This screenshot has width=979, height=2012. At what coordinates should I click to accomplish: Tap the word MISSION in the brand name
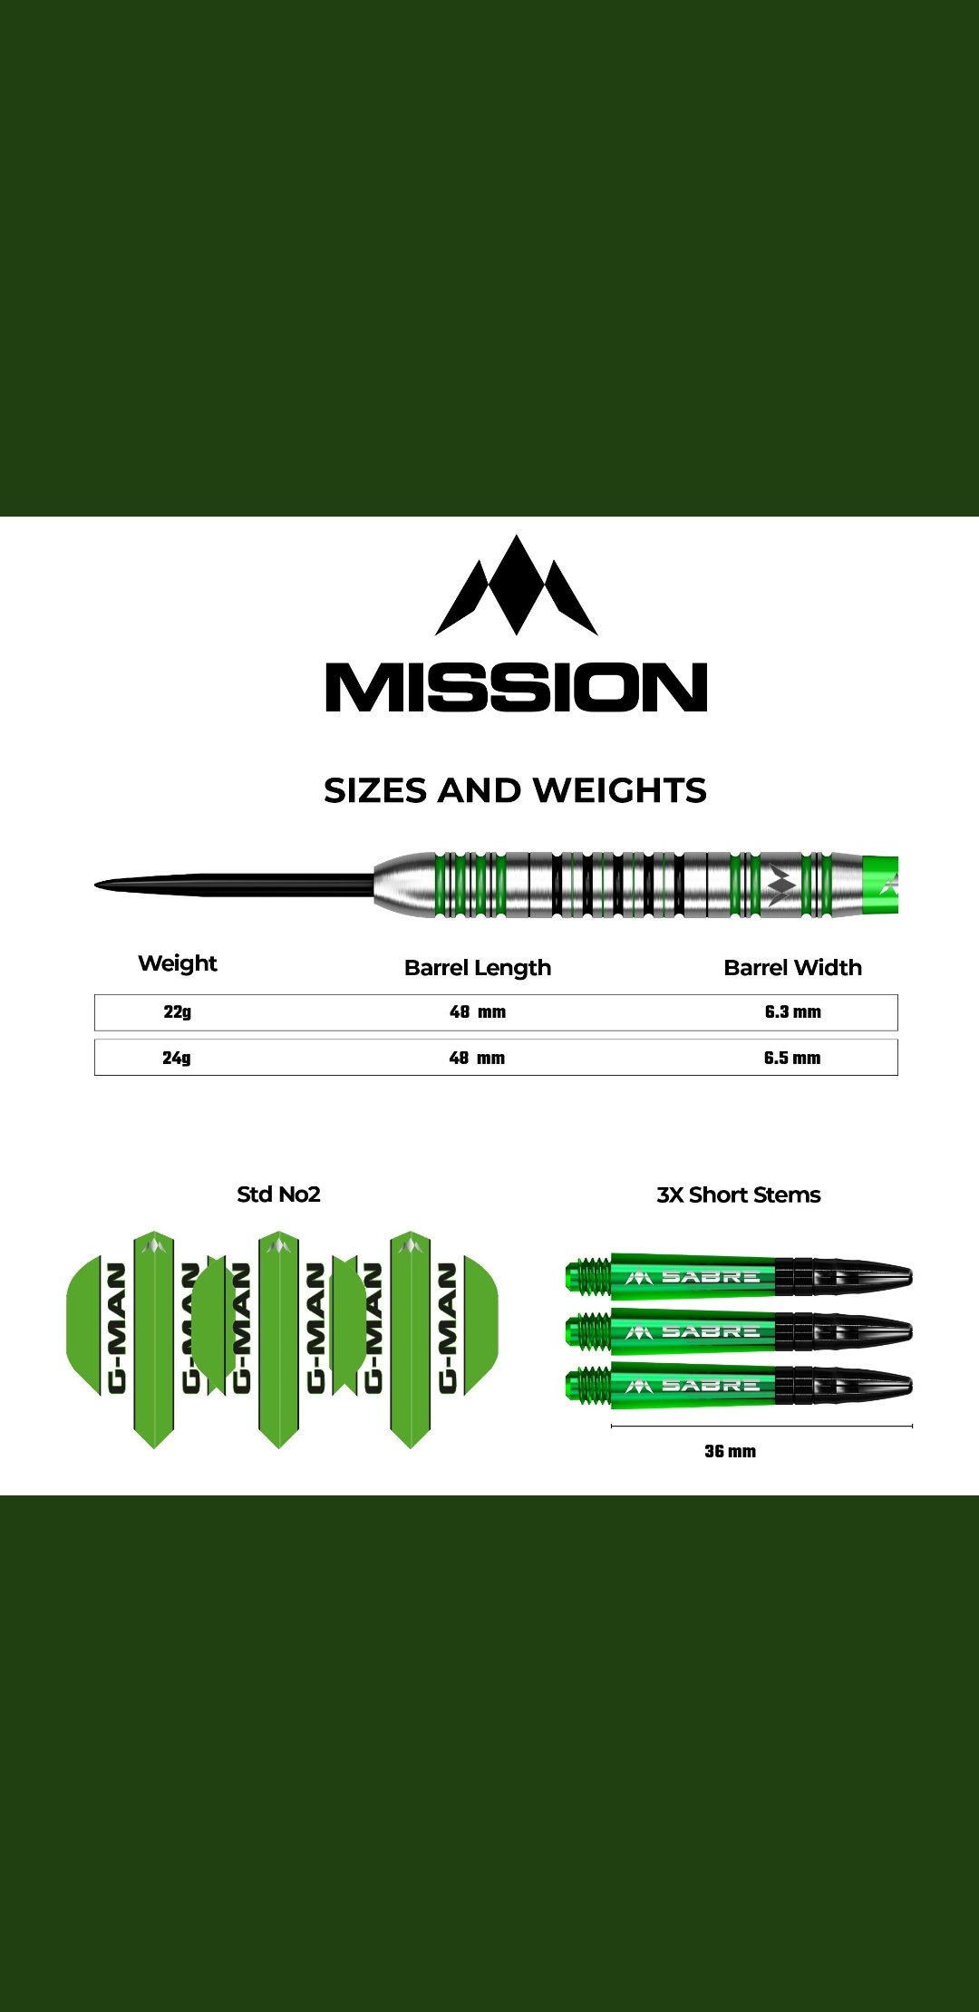point(516,687)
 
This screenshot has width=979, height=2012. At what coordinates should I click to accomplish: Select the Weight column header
point(178,963)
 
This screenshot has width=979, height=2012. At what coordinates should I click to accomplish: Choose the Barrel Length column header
point(478,968)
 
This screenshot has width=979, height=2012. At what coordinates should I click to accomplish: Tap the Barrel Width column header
point(792,968)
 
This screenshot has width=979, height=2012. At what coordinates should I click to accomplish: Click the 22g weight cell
point(178,1012)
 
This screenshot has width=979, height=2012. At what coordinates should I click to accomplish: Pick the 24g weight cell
point(177,1058)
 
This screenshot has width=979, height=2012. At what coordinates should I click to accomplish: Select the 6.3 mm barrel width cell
point(792,1012)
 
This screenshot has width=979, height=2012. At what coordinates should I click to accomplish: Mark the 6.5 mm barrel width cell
point(792,1058)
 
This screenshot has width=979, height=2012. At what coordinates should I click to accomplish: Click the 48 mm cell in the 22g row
point(478,1012)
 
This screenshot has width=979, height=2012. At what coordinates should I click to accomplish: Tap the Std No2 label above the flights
point(278,1195)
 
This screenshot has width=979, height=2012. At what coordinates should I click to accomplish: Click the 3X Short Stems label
point(739,1195)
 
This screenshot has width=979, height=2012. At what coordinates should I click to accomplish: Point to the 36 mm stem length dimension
point(730,1451)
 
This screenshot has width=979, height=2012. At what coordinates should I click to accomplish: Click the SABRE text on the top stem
point(710,1277)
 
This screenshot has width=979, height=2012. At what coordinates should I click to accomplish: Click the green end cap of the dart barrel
point(879,884)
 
